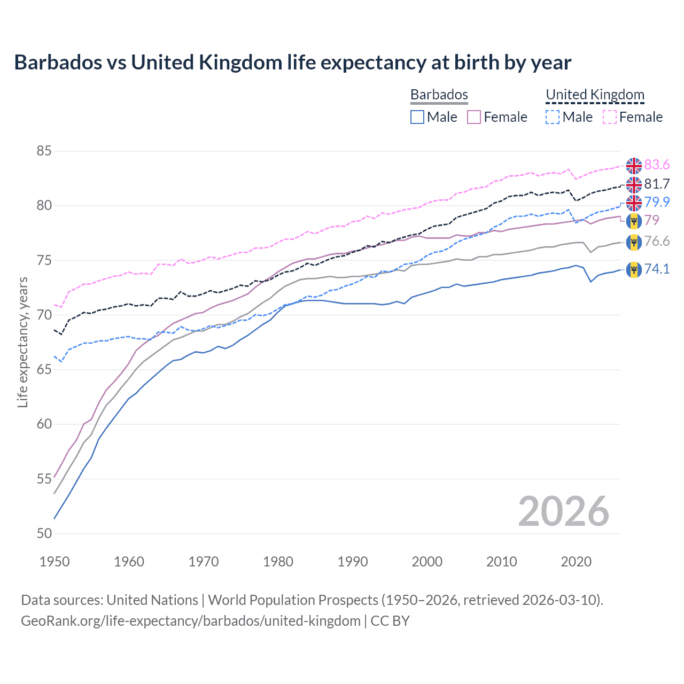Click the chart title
click(292, 63)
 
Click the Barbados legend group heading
click(439, 95)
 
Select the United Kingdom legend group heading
click(595, 95)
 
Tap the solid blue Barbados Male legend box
click(417, 117)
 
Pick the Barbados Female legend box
click(474, 117)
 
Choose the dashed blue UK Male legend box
click(553, 117)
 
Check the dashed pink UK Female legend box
click(610, 117)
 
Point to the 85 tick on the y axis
click(44, 151)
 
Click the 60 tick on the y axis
click(44, 424)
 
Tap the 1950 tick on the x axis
click(55, 562)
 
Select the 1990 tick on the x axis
click(353, 562)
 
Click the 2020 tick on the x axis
click(576, 562)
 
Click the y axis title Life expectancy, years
click(23, 342)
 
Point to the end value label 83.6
click(657, 165)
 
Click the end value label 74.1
click(657, 269)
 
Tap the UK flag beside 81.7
click(634, 184)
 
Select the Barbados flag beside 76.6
click(634, 242)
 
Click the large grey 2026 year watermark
click(563, 511)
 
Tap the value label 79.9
click(657, 202)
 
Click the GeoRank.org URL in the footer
click(190, 621)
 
